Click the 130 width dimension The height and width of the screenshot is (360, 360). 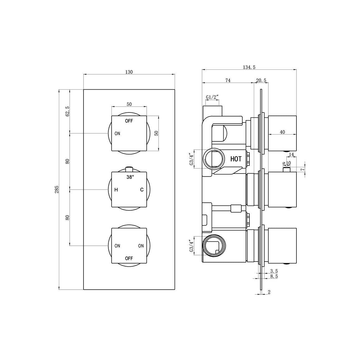point(129,72)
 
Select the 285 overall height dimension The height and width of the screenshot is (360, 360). point(56,190)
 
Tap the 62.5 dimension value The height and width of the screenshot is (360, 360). point(67,111)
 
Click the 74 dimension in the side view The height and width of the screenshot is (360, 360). point(228,80)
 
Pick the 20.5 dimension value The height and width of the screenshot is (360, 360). point(261,80)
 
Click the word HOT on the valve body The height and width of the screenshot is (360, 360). point(236,159)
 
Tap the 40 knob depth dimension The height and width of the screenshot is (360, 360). point(282,132)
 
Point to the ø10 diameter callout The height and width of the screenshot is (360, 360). point(286,163)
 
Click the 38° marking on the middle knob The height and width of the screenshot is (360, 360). point(130,177)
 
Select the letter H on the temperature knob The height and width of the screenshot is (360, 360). point(116,190)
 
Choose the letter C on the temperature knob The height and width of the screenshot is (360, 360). point(142,190)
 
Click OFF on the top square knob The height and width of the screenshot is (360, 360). point(129,121)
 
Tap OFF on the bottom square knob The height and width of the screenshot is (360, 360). point(129,258)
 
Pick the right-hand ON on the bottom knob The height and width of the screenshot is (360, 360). point(141,246)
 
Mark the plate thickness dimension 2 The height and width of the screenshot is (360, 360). point(269,292)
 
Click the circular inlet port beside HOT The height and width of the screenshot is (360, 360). point(213,159)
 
